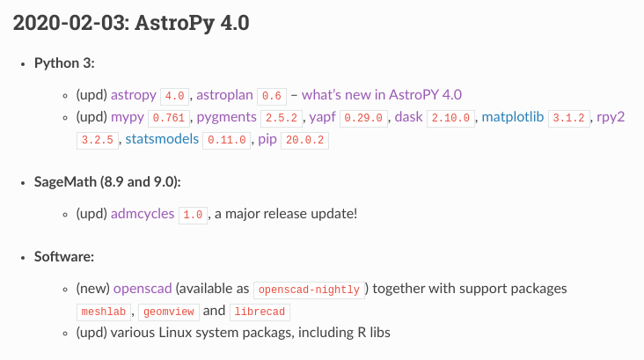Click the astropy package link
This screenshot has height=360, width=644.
point(134,95)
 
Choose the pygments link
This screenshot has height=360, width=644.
point(227,116)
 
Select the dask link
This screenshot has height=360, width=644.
point(408,116)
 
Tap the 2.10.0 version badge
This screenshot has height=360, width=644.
point(450,117)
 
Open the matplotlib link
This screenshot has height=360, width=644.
point(513,116)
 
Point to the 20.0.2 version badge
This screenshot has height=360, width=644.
point(304,140)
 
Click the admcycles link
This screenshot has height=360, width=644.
point(143,214)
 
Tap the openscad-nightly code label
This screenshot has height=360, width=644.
point(308,290)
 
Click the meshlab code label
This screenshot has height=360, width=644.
point(104,312)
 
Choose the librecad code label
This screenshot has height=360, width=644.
point(260,312)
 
